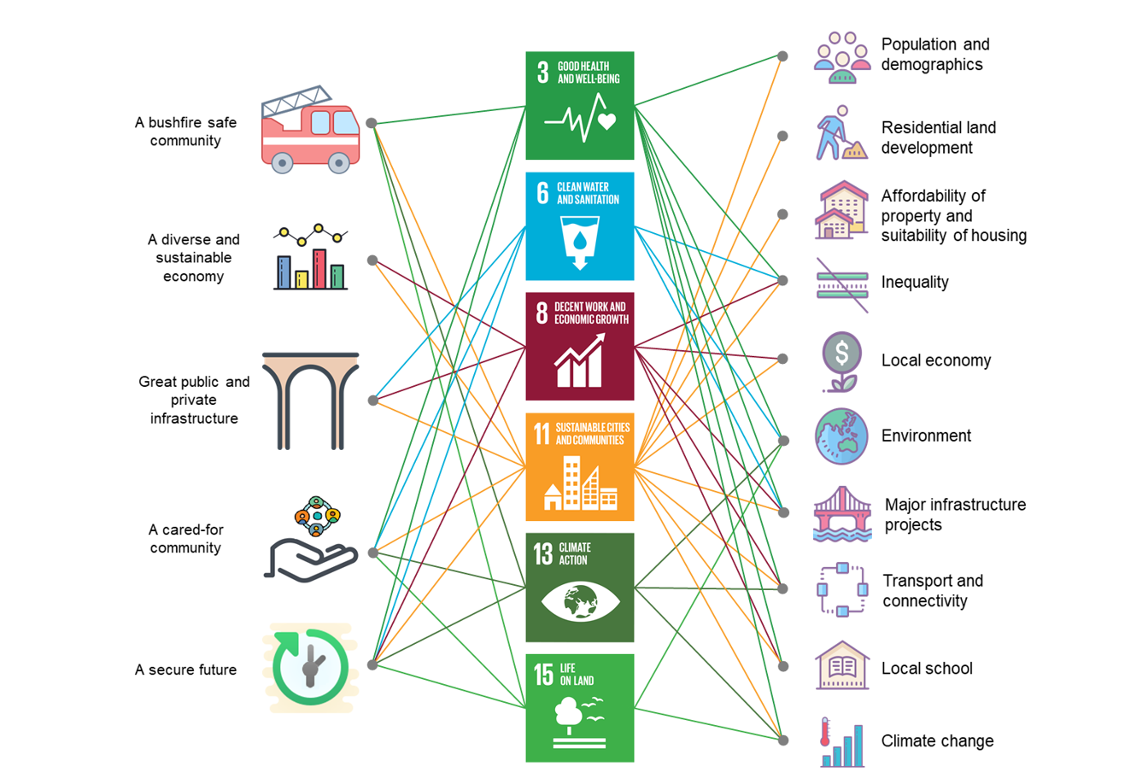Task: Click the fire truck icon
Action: click(x=310, y=130)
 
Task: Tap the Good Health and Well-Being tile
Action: click(x=579, y=105)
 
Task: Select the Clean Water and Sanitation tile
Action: click(x=579, y=226)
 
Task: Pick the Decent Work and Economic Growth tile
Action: click(x=579, y=347)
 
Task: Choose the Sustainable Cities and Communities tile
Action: click(x=579, y=467)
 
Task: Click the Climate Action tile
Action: click(x=579, y=588)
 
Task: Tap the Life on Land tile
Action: click(x=579, y=708)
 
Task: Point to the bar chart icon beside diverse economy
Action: click(x=310, y=257)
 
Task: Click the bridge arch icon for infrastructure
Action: click(x=310, y=401)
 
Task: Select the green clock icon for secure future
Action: click(x=310, y=667)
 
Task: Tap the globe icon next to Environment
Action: click(x=841, y=436)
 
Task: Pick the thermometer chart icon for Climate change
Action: click(x=841, y=741)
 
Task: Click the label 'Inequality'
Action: click(x=915, y=283)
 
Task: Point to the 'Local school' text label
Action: click(x=927, y=669)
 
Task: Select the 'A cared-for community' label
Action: click(x=185, y=539)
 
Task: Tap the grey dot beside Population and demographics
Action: click(x=782, y=56)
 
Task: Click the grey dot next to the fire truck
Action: click(x=372, y=123)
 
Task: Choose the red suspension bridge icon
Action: click(x=842, y=514)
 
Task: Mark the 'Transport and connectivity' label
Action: click(x=932, y=591)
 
